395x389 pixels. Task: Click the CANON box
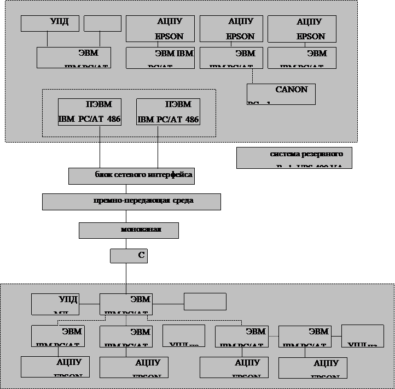tap(281, 94)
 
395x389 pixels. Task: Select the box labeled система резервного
tap(294, 158)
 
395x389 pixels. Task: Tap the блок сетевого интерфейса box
tap(131, 176)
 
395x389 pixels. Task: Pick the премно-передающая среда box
tap(131, 202)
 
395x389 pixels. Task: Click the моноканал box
tap(129, 230)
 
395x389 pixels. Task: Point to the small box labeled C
tap(129, 256)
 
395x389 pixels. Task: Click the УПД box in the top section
tap(50, 23)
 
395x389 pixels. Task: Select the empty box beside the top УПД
tap(102, 23)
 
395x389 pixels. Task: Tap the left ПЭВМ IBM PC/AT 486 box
tap(90, 112)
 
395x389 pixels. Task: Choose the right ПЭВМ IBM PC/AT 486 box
tap(168, 112)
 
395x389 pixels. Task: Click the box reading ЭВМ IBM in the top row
tap(160, 58)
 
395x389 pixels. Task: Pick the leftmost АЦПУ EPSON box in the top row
tap(160, 29)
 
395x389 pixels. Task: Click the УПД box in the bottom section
tap(55, 304)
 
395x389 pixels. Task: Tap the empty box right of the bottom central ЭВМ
tap(205, 302)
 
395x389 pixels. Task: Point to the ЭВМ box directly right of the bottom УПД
tap(125, 304)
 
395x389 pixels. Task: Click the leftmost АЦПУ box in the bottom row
tap(55, 367)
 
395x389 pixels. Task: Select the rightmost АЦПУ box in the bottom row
tap(312, 368)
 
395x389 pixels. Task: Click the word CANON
tap(292, 89)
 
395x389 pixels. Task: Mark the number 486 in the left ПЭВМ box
tap(114, 119)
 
